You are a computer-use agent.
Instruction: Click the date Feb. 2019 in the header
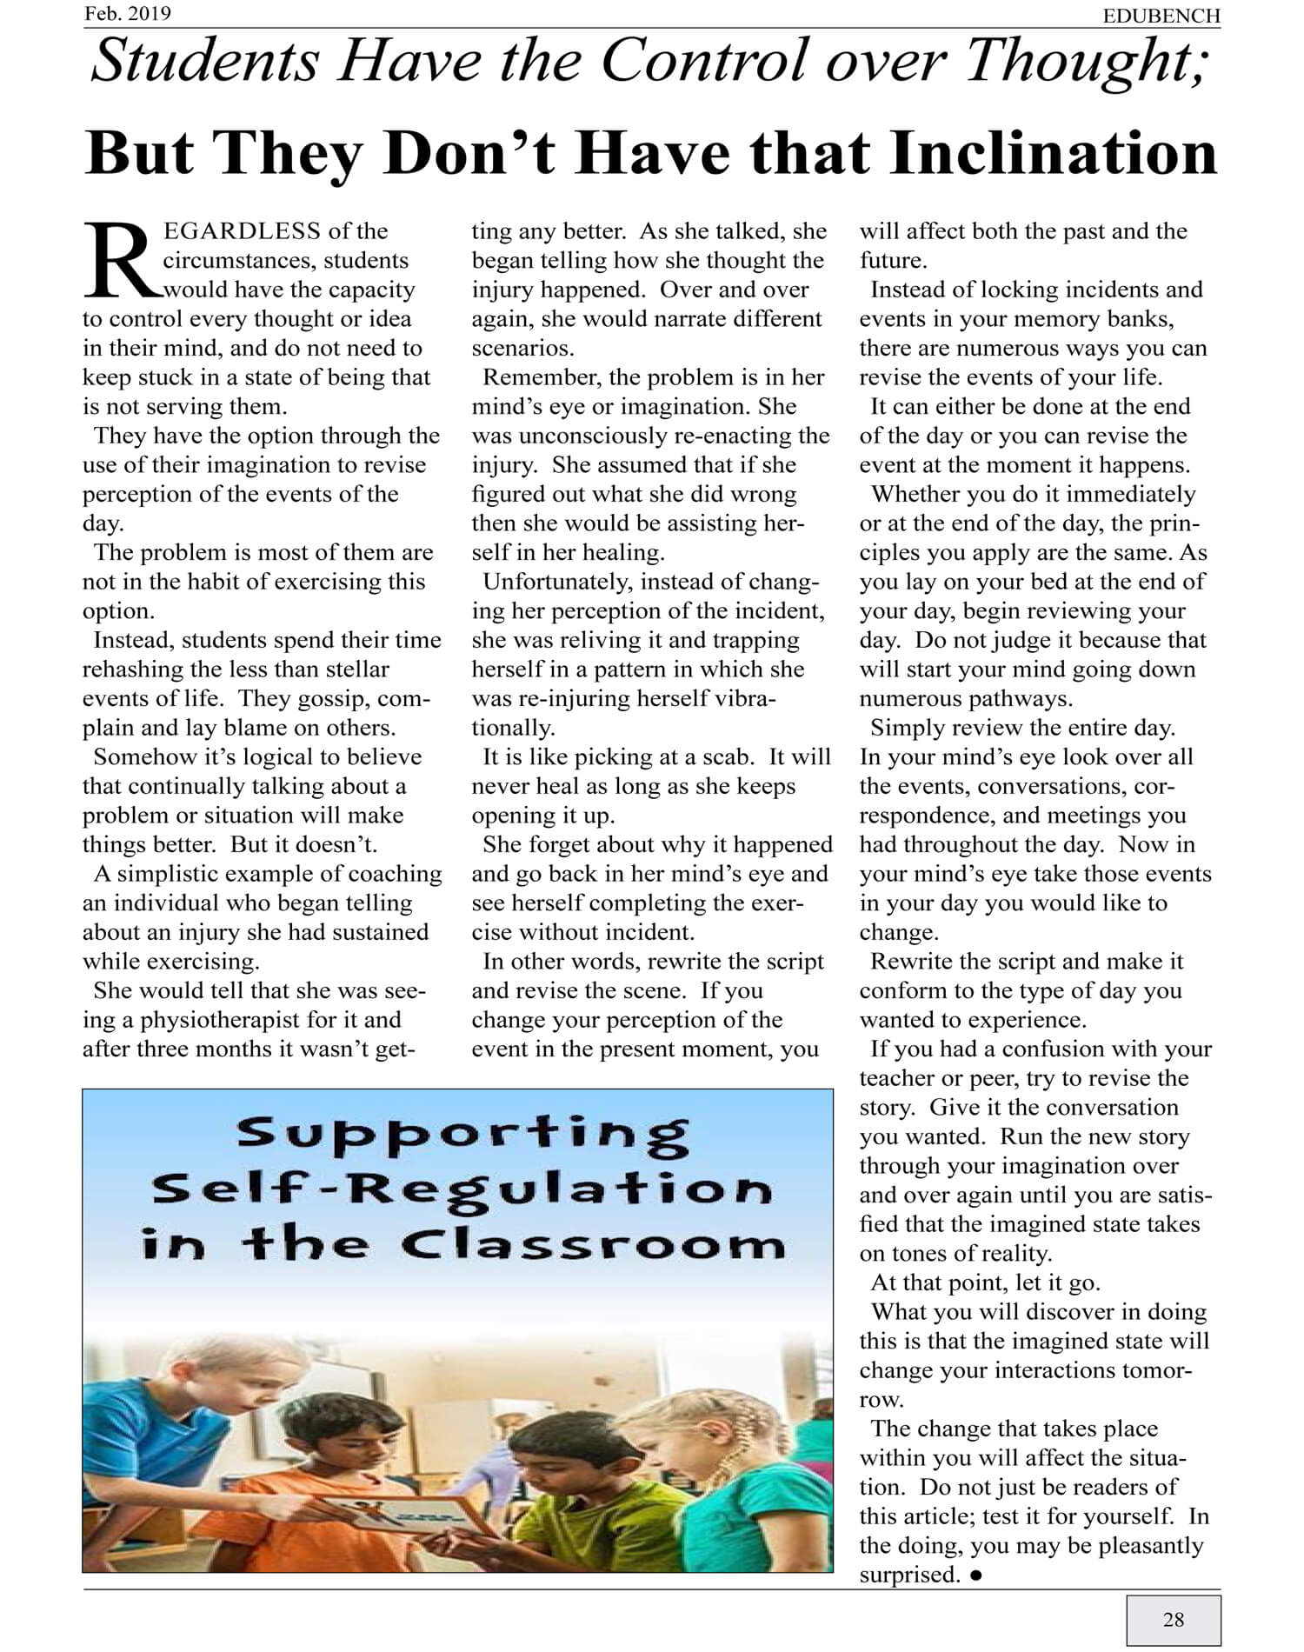point(127,14)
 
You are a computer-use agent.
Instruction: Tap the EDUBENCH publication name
point(1161,16)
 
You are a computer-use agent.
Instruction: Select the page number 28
point(1173,1619)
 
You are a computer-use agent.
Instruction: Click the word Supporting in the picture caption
point(462,1134)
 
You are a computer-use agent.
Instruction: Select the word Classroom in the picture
point(593,1245)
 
